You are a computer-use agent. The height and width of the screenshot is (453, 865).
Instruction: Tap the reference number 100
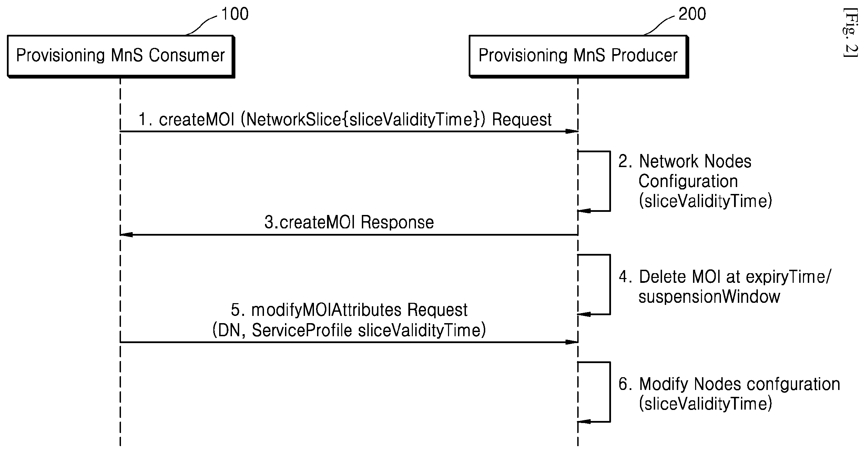point(235,14)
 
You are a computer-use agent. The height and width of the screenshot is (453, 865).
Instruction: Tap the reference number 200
point(692,14)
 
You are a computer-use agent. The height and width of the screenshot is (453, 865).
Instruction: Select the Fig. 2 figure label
point(849,37)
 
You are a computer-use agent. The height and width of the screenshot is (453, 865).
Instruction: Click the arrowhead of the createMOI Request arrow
point(572,131)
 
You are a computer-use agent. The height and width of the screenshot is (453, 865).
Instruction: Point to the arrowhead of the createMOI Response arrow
point(126,235)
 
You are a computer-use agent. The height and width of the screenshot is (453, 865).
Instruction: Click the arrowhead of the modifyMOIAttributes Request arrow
point(572,342)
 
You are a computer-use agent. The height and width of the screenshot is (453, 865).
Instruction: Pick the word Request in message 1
point(522,120)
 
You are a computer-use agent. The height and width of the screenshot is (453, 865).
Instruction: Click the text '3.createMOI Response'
point(349,223)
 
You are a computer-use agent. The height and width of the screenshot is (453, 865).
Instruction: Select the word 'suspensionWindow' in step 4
point(709,297)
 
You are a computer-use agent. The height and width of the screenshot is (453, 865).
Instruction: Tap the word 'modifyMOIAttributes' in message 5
point(326,310)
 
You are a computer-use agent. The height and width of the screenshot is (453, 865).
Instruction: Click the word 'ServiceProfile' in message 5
point(302,330)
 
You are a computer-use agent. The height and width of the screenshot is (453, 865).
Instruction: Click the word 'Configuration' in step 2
point(688,182)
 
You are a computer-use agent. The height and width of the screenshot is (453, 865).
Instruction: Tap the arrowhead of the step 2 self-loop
point(584,211)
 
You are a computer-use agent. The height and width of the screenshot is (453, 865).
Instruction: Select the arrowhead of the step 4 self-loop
point(584,314)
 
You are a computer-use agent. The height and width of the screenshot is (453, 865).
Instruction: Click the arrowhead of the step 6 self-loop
point(584,422)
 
